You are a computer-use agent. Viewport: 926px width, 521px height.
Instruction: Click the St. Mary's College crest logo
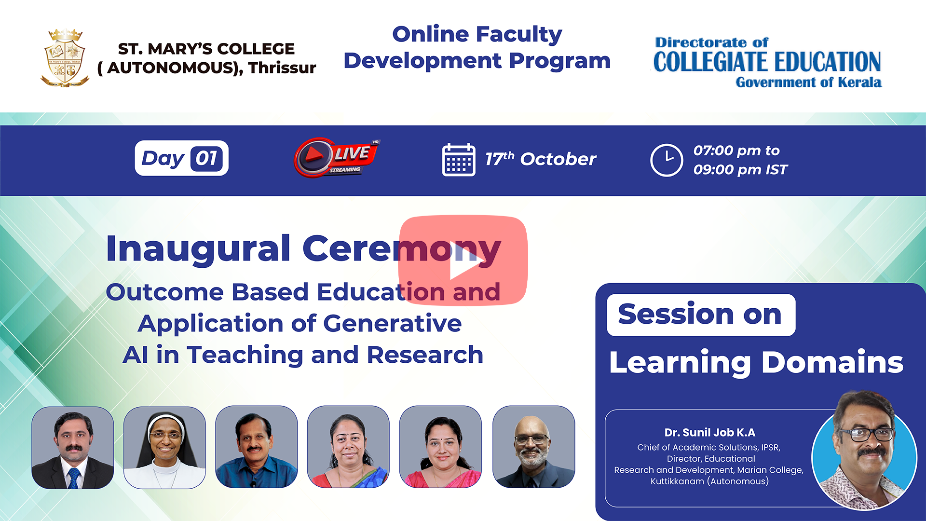click(65, 58)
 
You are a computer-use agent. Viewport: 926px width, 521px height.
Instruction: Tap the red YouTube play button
click(463, 260)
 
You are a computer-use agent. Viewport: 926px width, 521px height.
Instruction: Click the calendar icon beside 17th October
click(459, 160)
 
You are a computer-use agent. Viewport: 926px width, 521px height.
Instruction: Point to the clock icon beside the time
click(667, 160)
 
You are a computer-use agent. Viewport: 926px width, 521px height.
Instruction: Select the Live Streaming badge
click(337, 157)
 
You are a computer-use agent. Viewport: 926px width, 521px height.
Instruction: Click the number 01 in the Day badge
click(206, 158)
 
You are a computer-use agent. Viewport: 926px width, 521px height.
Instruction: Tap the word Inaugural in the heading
click(198, 249)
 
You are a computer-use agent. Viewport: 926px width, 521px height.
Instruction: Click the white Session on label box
click(701, 315)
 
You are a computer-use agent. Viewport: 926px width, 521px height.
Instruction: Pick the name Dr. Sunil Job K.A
click(709, 433)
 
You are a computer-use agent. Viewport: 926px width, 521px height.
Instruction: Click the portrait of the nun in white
click(164, 448)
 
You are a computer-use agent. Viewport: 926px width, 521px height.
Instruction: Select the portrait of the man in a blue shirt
click(256, 447)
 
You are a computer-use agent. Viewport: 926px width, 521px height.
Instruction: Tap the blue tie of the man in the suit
click(73, 478)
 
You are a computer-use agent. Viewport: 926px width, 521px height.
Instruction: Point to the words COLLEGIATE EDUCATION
click(767, 62)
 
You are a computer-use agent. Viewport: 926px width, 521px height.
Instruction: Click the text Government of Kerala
click(809, 82)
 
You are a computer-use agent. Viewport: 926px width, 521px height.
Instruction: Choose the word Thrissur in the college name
click(282, 68)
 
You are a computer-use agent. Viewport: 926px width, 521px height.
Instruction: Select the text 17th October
click(540, 159)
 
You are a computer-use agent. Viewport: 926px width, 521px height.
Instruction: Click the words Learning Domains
click(756, 363)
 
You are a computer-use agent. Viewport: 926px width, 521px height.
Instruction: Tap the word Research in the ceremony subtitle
click(425, 355)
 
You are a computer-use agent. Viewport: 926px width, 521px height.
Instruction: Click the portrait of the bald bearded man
click(533, 447)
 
